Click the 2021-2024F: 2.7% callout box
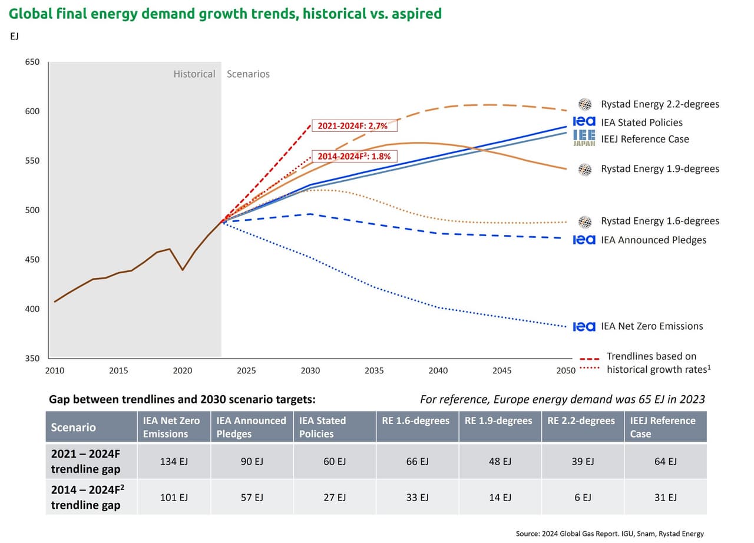point(354,125)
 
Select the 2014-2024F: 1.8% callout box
point(354,156)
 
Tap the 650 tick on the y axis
point(32,62)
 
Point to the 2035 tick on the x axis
point(374,370)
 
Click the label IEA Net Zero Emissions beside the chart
point(652,326)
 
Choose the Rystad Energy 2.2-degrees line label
point(660,104)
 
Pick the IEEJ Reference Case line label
point(644,139)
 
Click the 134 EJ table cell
point(174,461)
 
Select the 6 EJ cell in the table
point(583,498)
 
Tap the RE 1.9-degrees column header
point(498,421)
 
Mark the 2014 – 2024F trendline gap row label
point(85,497)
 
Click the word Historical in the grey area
point(194,74)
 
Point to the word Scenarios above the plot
point(248,74)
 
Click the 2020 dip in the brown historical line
point(183,270)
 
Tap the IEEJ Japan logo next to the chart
point(584,138)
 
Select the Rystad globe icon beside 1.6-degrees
point(585,221)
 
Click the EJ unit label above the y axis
point(15,36)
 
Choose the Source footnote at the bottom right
point(610,534)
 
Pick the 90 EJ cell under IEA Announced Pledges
point(252,461)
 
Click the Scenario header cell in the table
point(74,427)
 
